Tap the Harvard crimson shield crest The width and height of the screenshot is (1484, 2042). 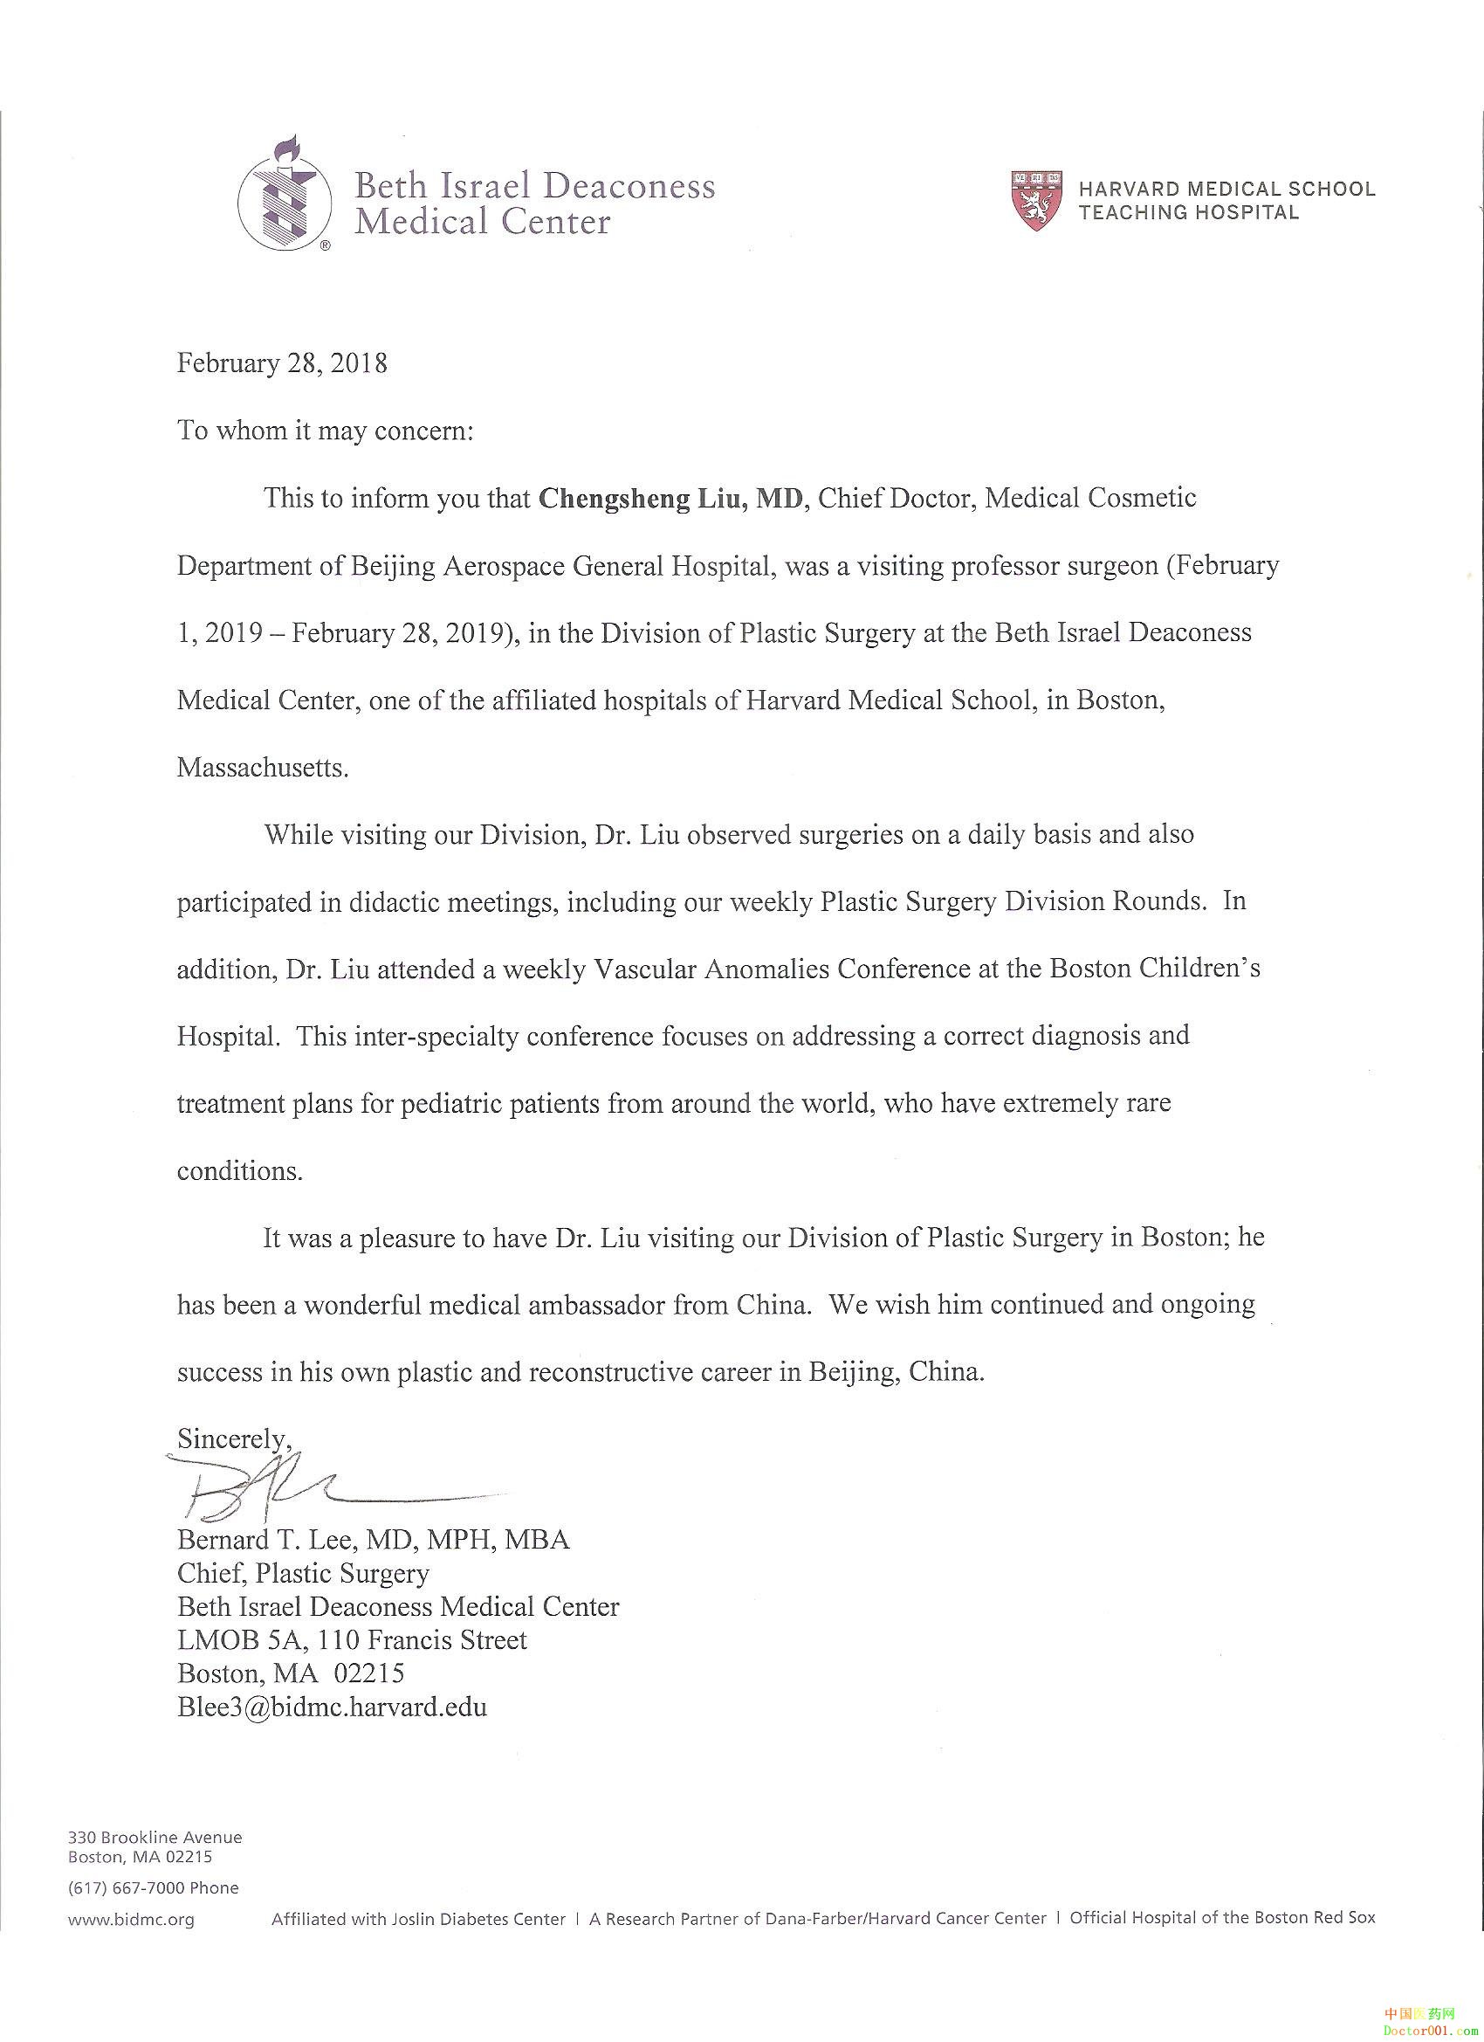(1037, 201)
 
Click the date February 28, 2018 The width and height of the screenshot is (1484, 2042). (282, 362)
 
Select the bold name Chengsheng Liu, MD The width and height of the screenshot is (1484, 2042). (670, 498)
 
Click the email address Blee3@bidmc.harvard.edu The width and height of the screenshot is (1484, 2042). (332, 1707)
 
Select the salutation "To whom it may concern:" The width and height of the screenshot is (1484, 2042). (325, 431)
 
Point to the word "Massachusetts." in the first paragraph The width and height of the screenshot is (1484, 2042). (262, 767)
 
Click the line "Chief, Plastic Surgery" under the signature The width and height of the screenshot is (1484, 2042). (303, 1573)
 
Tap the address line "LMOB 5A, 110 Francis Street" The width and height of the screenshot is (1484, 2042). (352, 1639)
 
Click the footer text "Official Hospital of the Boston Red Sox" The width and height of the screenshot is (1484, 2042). (1222, 1918)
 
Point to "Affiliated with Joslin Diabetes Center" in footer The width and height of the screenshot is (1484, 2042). (418, 1919)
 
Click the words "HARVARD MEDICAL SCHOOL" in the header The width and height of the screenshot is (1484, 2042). (1226, 189)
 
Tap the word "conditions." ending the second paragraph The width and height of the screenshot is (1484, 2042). (239, 1170)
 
